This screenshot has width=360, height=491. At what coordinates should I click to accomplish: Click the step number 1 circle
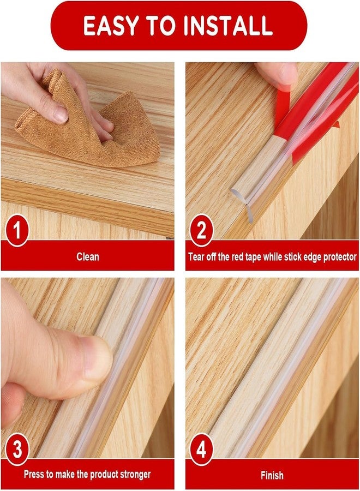pyautogui.click(x=17, y=231)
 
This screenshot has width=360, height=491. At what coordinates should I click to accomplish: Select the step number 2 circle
pyautogui.click(x=201, y=231)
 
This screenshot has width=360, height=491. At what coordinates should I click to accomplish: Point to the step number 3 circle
pyautogui.click(x=17, y=451)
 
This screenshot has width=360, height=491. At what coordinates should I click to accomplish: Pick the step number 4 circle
pyautogui.click(x=201, y=451)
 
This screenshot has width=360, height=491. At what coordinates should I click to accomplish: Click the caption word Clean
pyautogui.click(x=88, y=255)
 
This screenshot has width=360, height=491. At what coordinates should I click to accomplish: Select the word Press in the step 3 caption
pyautogui.click(x=34, y=475)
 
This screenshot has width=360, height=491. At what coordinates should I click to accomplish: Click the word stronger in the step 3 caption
pyautogui.click(x=131, y=475)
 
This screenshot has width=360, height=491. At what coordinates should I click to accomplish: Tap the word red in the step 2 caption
pyautogui.click(x=242, y=255)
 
